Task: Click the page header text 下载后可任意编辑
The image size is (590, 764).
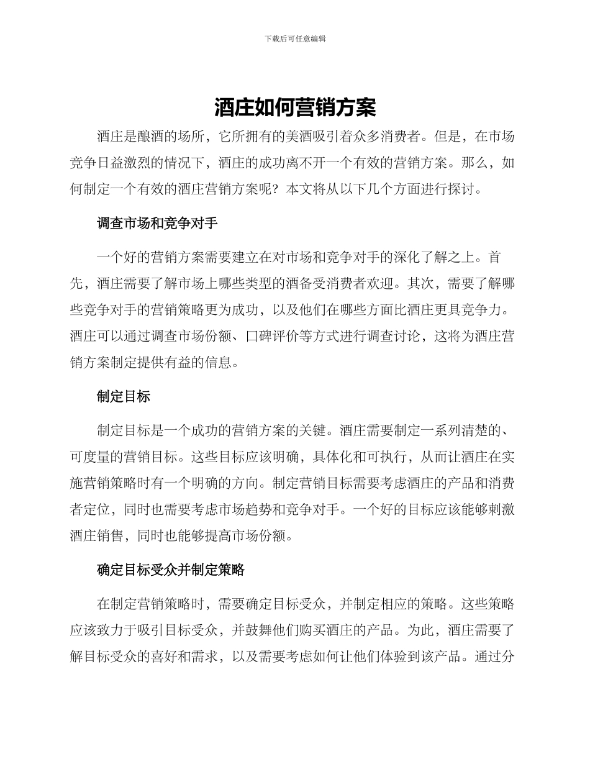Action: click(295, 39)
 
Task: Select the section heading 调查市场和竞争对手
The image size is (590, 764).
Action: click(157, 224)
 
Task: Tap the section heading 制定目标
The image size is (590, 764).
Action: click(124, 396)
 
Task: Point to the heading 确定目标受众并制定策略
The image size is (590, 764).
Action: click(171, 570)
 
